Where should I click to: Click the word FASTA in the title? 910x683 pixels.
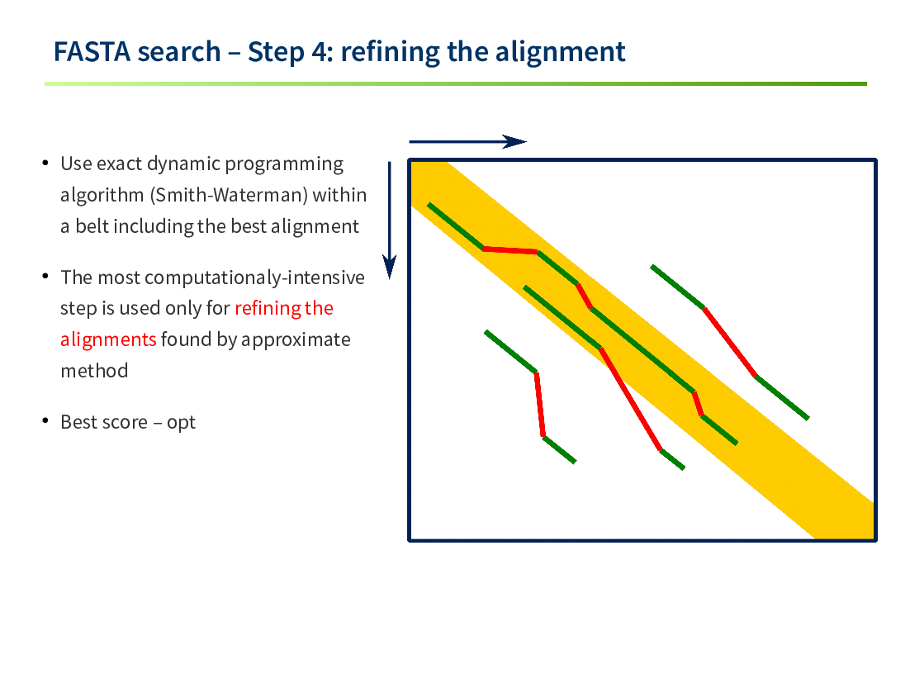92,52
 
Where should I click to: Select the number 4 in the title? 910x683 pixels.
320,52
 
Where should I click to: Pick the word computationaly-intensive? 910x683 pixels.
254,278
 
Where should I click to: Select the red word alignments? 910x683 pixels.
108,339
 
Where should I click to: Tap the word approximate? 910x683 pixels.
296,340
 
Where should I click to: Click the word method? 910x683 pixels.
94,371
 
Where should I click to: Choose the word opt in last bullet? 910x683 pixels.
181,423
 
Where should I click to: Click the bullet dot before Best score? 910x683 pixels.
45,420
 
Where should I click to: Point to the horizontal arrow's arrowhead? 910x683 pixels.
514,141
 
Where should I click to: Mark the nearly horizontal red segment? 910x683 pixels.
510,251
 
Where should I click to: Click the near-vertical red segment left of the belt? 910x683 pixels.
540,404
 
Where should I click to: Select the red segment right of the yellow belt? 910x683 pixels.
729,343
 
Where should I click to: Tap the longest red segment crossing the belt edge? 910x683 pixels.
630,399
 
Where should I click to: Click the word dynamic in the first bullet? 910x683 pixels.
184,164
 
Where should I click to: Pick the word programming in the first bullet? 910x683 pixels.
284,164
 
